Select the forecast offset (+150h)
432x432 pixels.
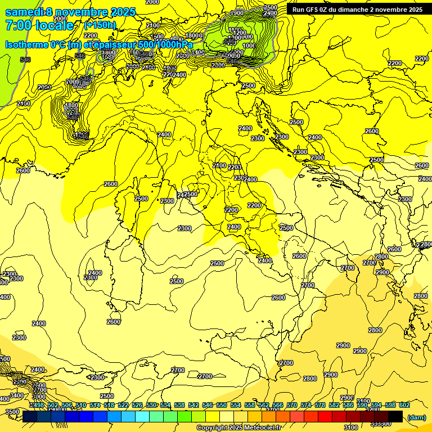100,25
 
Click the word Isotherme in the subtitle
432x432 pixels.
28,44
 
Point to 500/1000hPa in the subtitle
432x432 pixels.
165,44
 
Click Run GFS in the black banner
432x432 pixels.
306,10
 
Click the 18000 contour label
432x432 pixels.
193,35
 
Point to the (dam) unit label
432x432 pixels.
416,417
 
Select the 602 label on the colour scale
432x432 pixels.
404,405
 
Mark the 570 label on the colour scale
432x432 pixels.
291,405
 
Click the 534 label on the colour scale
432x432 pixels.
165,405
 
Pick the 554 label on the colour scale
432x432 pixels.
235,405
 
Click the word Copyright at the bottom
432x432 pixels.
211,428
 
